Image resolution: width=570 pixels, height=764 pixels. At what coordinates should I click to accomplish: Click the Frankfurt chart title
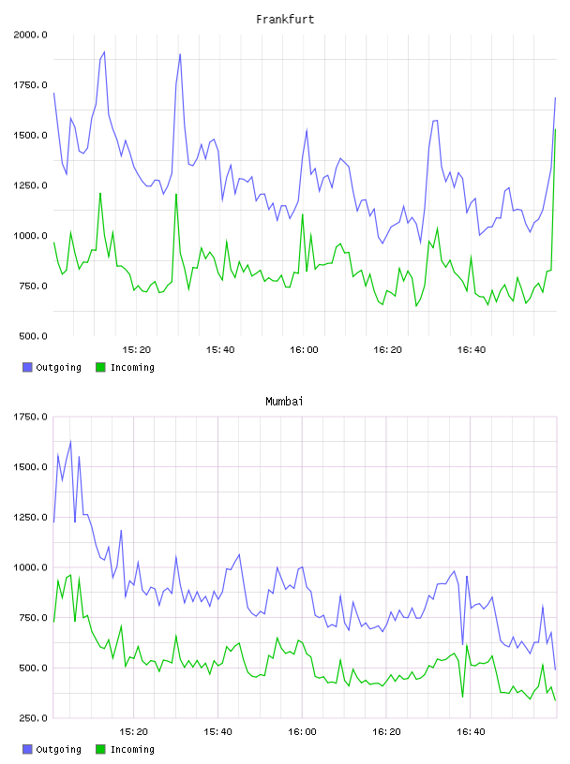point(285,20)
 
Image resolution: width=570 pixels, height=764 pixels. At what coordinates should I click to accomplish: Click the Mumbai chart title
point(284,402)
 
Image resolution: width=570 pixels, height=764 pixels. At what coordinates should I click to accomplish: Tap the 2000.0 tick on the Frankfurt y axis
point(30,35)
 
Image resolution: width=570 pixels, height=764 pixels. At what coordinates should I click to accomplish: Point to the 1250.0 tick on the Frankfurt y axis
point(30,185)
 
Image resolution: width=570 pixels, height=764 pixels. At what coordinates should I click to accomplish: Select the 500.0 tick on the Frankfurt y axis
point(33,336)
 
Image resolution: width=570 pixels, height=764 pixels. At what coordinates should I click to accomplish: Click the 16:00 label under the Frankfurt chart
point(304,350)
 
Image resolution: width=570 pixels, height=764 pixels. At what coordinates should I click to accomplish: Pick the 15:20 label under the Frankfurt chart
point(136,350)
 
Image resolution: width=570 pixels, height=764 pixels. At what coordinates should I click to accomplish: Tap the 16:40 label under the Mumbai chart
point(471,732)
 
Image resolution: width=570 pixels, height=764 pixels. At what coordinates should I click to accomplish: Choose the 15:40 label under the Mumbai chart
point(217,732)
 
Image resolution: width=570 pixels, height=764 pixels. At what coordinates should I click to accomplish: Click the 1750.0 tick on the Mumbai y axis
point(30,417)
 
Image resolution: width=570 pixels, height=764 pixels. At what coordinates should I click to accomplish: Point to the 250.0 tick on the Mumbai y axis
point(33,718)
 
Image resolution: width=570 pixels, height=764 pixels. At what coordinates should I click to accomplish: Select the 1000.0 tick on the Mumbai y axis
point(30,567)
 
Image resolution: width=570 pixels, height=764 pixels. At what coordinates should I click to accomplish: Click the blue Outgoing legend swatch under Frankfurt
point(27,367)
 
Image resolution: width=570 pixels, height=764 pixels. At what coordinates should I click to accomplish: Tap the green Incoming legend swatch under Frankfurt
point(100,367)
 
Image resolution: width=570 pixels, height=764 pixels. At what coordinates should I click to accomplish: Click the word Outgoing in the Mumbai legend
point(58,749)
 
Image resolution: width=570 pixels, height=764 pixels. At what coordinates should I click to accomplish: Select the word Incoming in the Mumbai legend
point(132,749)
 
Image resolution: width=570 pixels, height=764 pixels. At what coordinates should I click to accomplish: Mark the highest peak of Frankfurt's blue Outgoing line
point(104,51)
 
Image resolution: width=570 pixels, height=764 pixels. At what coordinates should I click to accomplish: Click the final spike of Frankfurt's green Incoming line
point(555,129)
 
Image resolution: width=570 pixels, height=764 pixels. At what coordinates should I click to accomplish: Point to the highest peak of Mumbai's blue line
point(70,441)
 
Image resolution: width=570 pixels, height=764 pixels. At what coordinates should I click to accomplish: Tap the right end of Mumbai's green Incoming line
point(555,700)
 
